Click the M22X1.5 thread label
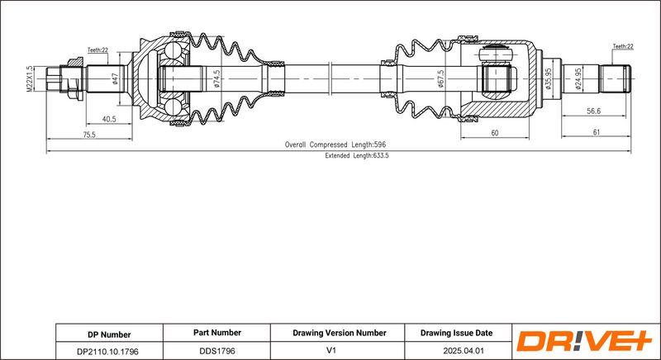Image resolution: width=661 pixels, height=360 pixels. (29, 80)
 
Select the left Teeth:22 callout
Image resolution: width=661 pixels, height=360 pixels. (97, 50)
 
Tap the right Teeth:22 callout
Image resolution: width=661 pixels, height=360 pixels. (622, 47)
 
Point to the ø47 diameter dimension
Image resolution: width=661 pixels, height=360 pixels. (114, 79)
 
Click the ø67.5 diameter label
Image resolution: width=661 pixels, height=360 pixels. (440, 80)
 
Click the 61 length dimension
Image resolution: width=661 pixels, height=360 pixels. (596, 133)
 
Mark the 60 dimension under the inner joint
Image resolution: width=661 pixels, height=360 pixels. (494, 133)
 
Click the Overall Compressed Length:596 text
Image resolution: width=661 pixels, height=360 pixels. (336, 144)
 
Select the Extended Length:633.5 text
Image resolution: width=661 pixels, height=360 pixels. (356, 155)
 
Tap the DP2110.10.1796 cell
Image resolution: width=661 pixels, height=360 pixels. (108, 351)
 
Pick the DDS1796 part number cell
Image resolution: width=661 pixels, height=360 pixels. (216, 351)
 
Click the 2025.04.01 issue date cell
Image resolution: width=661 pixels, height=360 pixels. (456, 351)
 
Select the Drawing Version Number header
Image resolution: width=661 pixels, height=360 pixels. (339, 333)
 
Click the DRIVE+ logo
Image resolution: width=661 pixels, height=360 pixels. (583, 342)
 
